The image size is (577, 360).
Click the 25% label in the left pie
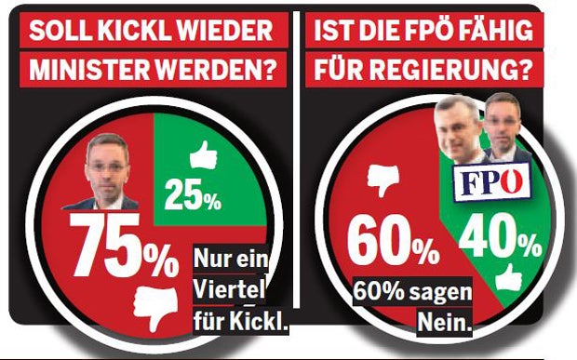(193, 198)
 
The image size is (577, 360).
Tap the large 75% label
(122, 247)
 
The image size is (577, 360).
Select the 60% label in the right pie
(391, 245)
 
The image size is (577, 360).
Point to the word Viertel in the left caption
(229, 290)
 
